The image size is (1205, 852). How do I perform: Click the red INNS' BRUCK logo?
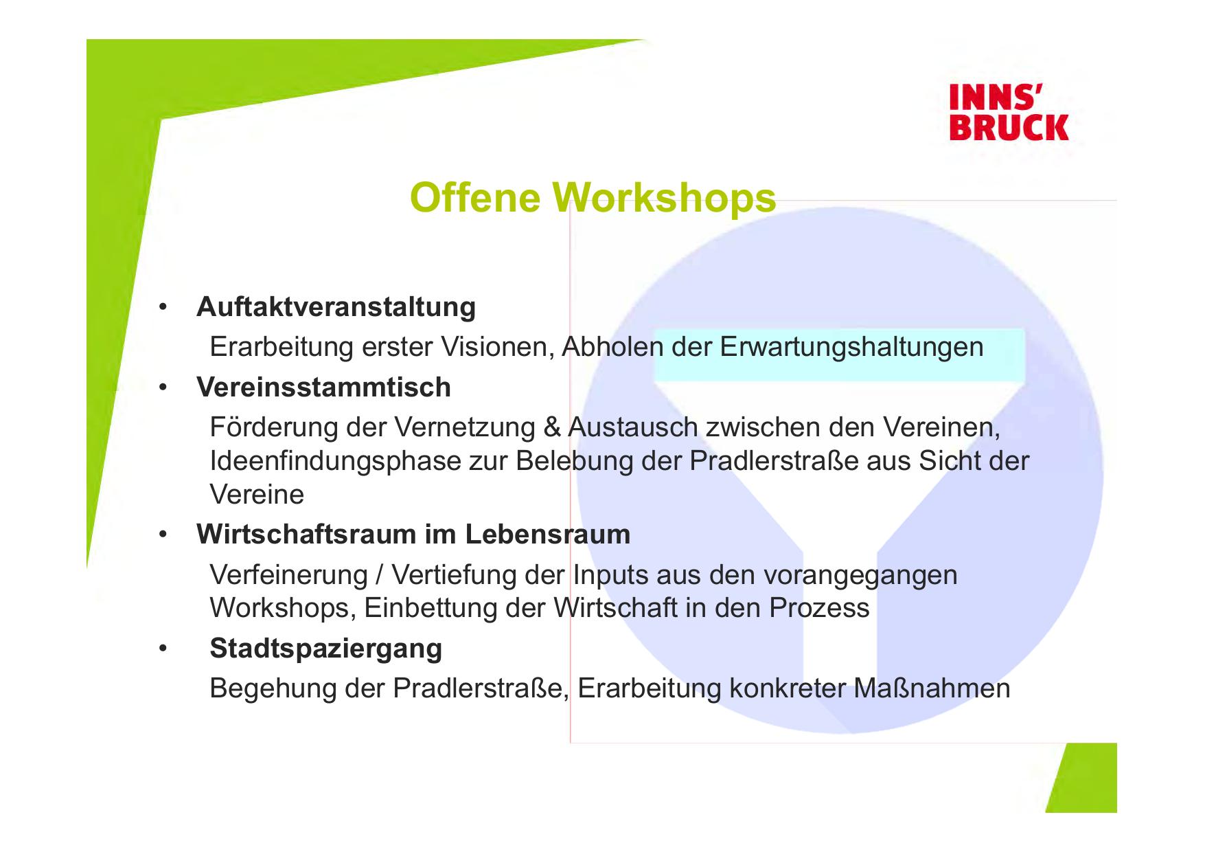(x=1009, y=113)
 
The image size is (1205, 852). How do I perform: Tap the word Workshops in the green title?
(x=664, y=199)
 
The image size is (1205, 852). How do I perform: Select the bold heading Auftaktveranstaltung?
(x=336, y=306)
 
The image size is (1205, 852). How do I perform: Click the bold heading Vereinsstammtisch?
(x=323, y=388)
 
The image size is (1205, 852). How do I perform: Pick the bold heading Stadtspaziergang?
(x=326, y=649)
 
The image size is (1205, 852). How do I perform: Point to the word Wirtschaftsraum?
(x=306, y=534)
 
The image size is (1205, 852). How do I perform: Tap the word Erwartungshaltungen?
(x=851, y=347)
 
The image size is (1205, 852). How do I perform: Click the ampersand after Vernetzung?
(x=551, y=428)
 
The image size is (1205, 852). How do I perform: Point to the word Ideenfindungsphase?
(x=335, y=462)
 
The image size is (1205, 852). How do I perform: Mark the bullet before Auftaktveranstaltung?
(x=163, y=307)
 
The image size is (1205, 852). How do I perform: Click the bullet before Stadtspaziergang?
(x=163, y=649)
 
